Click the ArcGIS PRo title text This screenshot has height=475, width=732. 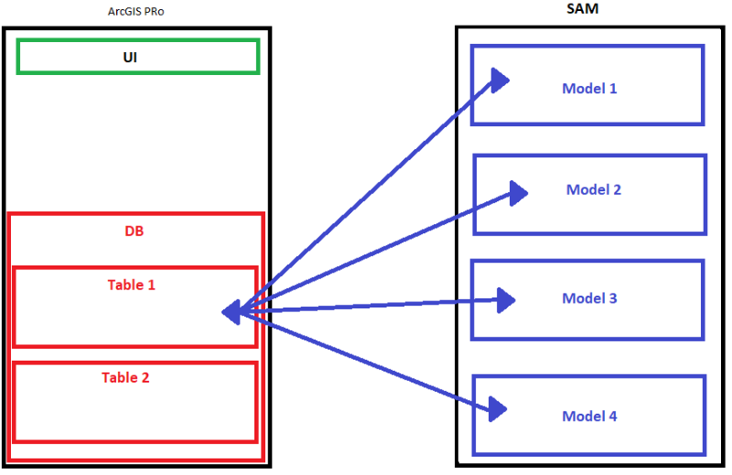(138, 11)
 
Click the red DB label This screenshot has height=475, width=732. (135, 232)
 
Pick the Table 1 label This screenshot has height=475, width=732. (132, 285)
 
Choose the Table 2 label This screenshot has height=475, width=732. (125, 377)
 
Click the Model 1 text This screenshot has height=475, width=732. (589, 89)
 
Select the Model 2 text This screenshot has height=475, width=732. (594, 189)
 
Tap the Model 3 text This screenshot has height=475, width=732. (589, 298)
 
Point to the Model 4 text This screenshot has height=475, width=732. (589, 416)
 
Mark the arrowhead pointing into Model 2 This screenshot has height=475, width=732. (517, 191)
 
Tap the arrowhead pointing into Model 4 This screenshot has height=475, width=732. (496, 408)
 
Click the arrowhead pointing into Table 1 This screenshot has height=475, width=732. (232, 312)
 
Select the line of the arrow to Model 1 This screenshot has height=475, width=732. (366, 195)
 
